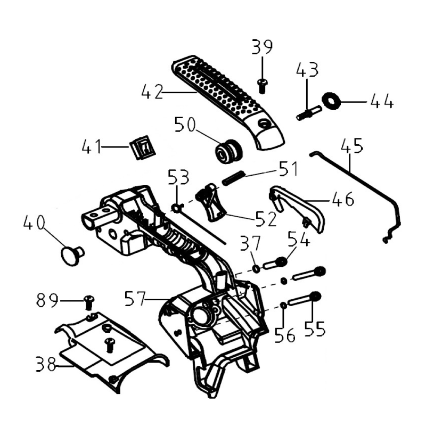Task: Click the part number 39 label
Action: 261,47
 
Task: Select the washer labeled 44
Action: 331,100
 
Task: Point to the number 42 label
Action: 153,92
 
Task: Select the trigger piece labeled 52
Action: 211,202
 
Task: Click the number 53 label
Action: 179,176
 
